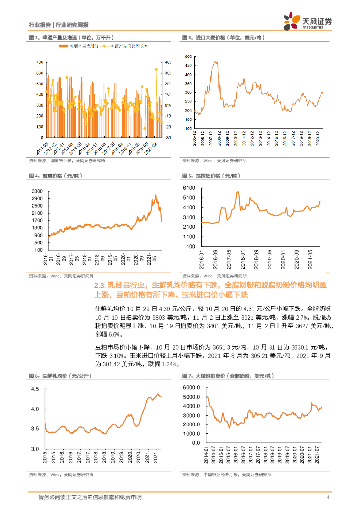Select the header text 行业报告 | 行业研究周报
point(58,25)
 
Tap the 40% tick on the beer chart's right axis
point(169,62)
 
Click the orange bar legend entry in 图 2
point(77,46)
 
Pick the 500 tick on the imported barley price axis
point(188,57)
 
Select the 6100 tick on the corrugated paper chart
point(191,188)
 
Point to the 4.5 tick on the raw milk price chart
point(37,389)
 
